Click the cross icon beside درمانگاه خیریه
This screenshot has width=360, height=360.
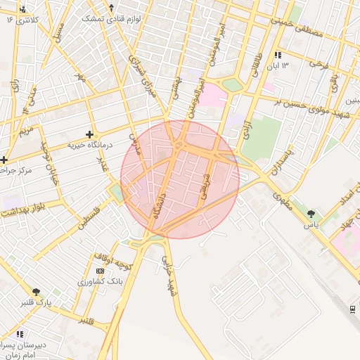(89, 134)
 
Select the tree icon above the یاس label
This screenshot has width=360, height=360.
(311, 213)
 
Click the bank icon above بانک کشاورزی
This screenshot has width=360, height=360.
(99, 271)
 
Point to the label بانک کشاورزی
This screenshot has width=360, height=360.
(101, 281)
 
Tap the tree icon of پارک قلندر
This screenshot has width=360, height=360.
(35, 292)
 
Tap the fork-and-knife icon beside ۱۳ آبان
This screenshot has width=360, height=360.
(277, 55)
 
